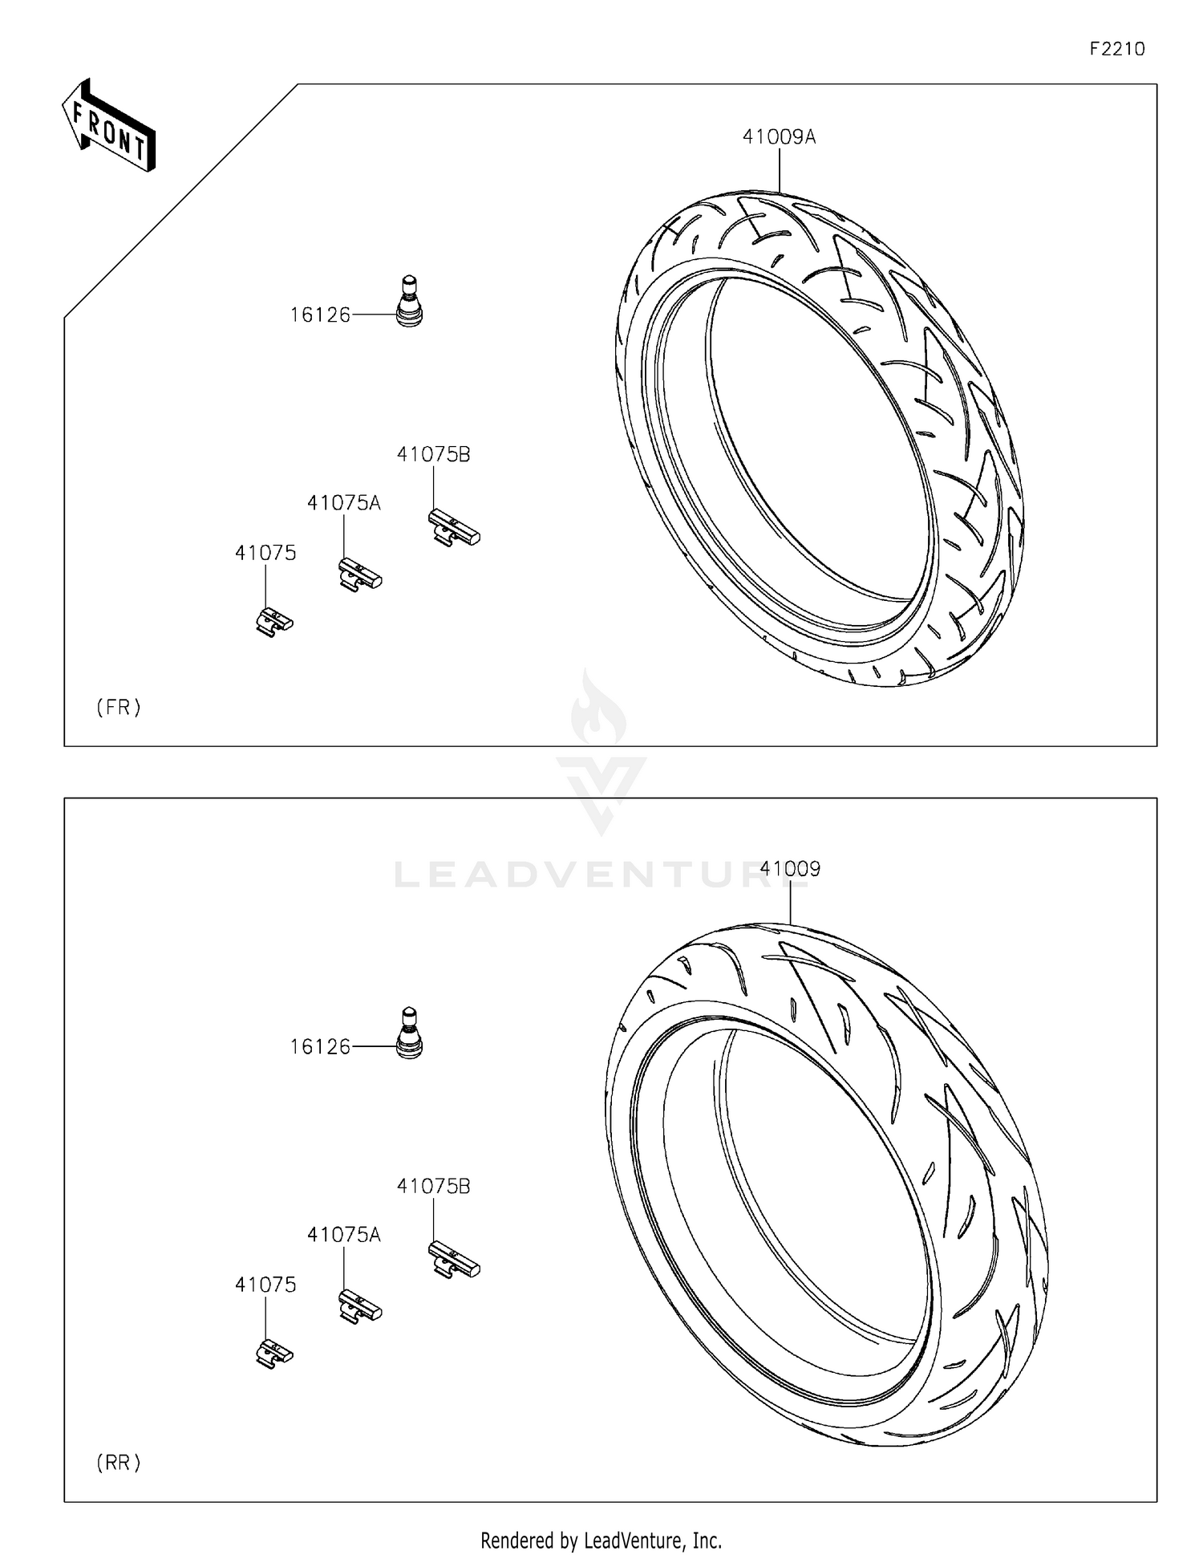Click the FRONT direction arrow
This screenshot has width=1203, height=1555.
click(x=109, y=126)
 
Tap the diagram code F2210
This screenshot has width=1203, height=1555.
click(x=1116, y=49)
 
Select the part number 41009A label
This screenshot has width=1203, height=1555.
click(x=779, y=137)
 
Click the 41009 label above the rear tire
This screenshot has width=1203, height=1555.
click(x=790, y=869)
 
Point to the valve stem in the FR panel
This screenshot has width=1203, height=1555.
click(x=409, y=301)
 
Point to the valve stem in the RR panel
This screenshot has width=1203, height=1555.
click(x=409, y=1033)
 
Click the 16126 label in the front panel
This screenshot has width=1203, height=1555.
click(x=320, y=315)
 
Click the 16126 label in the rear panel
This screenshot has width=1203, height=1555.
click(x=320, y=1047)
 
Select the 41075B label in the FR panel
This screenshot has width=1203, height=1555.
click(x=433, y=454)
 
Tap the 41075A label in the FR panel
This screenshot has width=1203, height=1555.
click(x=343, y=503)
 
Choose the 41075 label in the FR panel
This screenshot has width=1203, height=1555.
click(x=265, y=553)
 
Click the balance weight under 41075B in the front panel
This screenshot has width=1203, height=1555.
click(x=454, y=528)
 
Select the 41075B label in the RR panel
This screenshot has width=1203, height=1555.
click(x=433, y=1186)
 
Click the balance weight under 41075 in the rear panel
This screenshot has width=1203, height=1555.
click(x=274, y=1354)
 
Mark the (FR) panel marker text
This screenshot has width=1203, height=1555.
click(x=119, y=707)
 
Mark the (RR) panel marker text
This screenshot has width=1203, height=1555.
click(x=119, y=1463)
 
